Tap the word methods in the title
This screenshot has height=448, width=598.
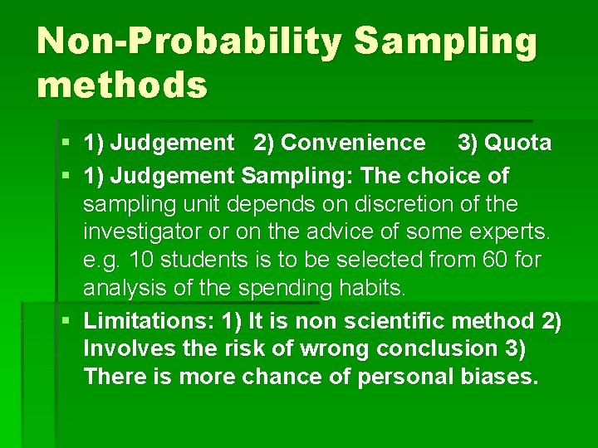[x=121, y=84]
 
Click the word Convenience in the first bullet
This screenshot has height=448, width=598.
[x=353, y=143]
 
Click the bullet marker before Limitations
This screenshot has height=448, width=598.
[x=66, y=320]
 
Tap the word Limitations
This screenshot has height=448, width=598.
[x=145, y=320]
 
